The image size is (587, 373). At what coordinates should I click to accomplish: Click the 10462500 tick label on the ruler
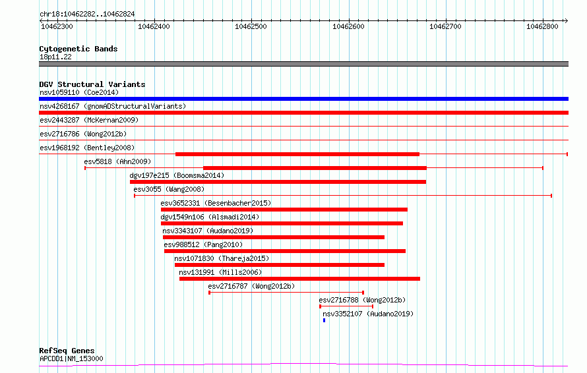pos(251,26)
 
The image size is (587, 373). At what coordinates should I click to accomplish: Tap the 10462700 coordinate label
pos(445,26)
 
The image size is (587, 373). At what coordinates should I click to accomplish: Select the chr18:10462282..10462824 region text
pos(87,14)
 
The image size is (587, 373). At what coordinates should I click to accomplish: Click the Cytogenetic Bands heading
pos(78,49)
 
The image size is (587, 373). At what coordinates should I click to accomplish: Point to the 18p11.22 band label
pos(55,57)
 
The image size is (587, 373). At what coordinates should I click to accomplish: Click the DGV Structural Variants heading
pos(92,84)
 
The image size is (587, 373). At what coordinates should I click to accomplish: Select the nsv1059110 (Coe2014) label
pos(79,92)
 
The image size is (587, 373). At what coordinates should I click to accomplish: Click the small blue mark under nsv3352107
pos(324,320)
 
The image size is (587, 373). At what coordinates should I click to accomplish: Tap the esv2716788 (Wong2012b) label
pos(362,300)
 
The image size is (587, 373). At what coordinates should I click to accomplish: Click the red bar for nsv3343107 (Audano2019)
pos(274,237)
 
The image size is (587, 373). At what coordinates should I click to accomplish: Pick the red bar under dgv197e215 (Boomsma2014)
pos(278,182)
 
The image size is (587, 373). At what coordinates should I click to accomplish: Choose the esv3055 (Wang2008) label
pos(169,189)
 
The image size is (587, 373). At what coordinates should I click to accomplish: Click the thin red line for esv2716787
pos(286,293)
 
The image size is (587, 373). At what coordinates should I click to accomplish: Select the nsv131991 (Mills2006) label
pos(220,272)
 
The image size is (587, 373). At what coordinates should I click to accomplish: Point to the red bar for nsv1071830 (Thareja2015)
pos(280,265)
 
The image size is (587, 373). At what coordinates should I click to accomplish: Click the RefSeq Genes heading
pos(67,351)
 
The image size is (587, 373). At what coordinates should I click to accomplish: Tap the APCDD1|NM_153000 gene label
pos(71,359)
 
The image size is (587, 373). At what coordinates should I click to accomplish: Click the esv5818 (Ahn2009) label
pos(117,161)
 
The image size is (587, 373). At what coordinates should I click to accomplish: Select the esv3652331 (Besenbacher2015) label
pos(216,203)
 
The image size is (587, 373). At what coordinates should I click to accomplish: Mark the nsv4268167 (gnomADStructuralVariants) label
pos(113,106)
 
